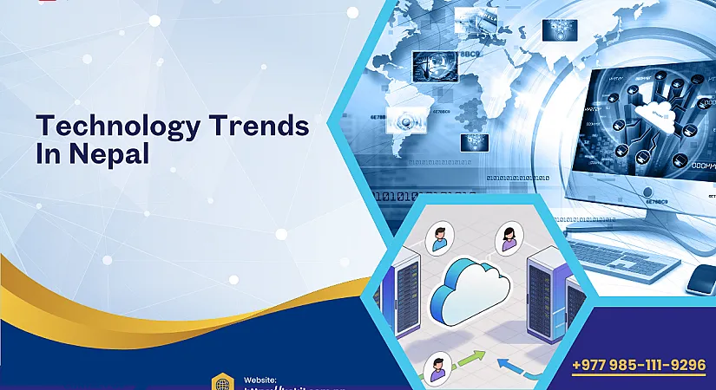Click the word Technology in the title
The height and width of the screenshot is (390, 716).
pyautogui.click(x=115, y=127)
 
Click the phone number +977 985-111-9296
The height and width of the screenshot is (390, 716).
pyautogui.click(x=639, y=365)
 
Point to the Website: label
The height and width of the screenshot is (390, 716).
pyautogui.click(x=260, y=380)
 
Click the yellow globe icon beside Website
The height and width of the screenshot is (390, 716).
pyautogui.click(x=222, y=382)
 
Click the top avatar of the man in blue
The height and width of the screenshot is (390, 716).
pyautogui.click(x=441, y=237)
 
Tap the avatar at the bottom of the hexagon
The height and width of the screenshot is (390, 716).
pyautogui.click(x=439, y=370)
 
